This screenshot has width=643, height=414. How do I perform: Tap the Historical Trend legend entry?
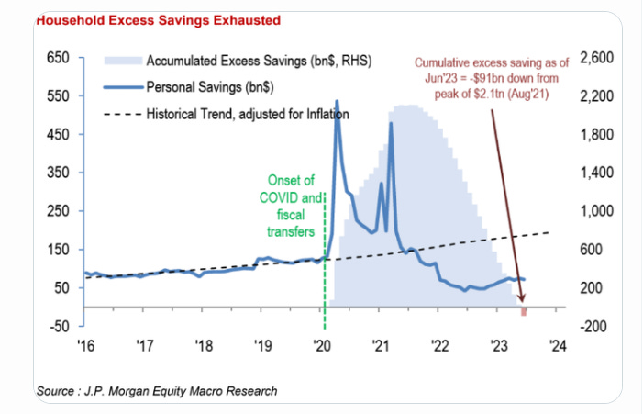tap(247, 115)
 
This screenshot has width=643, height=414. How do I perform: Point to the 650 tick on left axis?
tap(57, 58)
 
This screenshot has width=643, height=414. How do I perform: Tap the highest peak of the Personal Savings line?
tap(337, 101)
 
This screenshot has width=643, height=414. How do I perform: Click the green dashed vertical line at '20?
tap(324, 275)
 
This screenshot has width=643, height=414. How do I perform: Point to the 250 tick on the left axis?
tap(57, 210)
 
